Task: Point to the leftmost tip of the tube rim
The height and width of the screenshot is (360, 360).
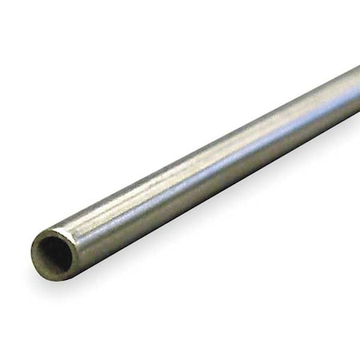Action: (x=32, y=258)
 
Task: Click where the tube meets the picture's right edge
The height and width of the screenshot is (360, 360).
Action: (x=357, y=94)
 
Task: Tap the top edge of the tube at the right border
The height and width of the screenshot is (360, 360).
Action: (x=358, y=69)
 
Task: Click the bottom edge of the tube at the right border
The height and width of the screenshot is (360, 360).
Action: (x=358, y=113)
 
